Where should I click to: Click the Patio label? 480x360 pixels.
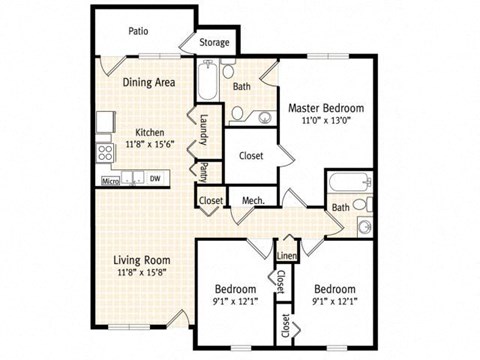point(139,31)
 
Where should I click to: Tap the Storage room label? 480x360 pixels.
point(214,43)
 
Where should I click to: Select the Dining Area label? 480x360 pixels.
point(150,83)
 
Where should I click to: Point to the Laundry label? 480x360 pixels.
point(203,129)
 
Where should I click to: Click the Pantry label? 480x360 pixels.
point(203,171)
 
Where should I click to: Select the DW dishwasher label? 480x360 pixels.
point(154,180)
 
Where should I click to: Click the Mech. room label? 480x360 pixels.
point(253,201)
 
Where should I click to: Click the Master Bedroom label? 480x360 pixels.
point(326,107)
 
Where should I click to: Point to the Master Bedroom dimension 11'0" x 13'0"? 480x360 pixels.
point(326,120)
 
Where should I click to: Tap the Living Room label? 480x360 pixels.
point(139,258)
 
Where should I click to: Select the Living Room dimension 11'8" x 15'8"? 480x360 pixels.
point(139,271)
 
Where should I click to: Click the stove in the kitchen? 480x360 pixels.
point(104,153)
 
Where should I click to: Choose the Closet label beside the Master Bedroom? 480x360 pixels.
point(250,155)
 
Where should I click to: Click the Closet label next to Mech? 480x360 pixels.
point(211,201)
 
